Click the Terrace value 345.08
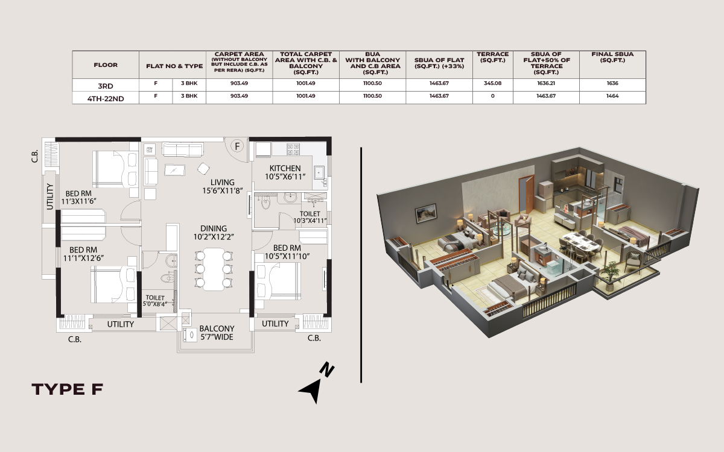[492, 83]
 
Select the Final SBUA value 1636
[612, 83]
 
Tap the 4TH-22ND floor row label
[106, 99]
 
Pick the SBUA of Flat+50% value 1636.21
[546, 83]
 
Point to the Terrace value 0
[492, 96]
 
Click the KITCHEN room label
[285, 168]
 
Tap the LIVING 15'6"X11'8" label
[223, 187]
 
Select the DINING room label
[214, 228]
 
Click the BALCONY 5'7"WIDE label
[217, 333]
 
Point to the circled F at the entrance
[237, 146]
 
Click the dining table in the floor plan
[214, 269]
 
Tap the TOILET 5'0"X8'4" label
[155, 301]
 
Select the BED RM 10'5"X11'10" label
[287, 252]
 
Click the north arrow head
[311, 391]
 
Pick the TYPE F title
[67, 389]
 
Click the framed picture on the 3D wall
[427, 213]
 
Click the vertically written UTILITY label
[49, 196]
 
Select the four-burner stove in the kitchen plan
[293, 149]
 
